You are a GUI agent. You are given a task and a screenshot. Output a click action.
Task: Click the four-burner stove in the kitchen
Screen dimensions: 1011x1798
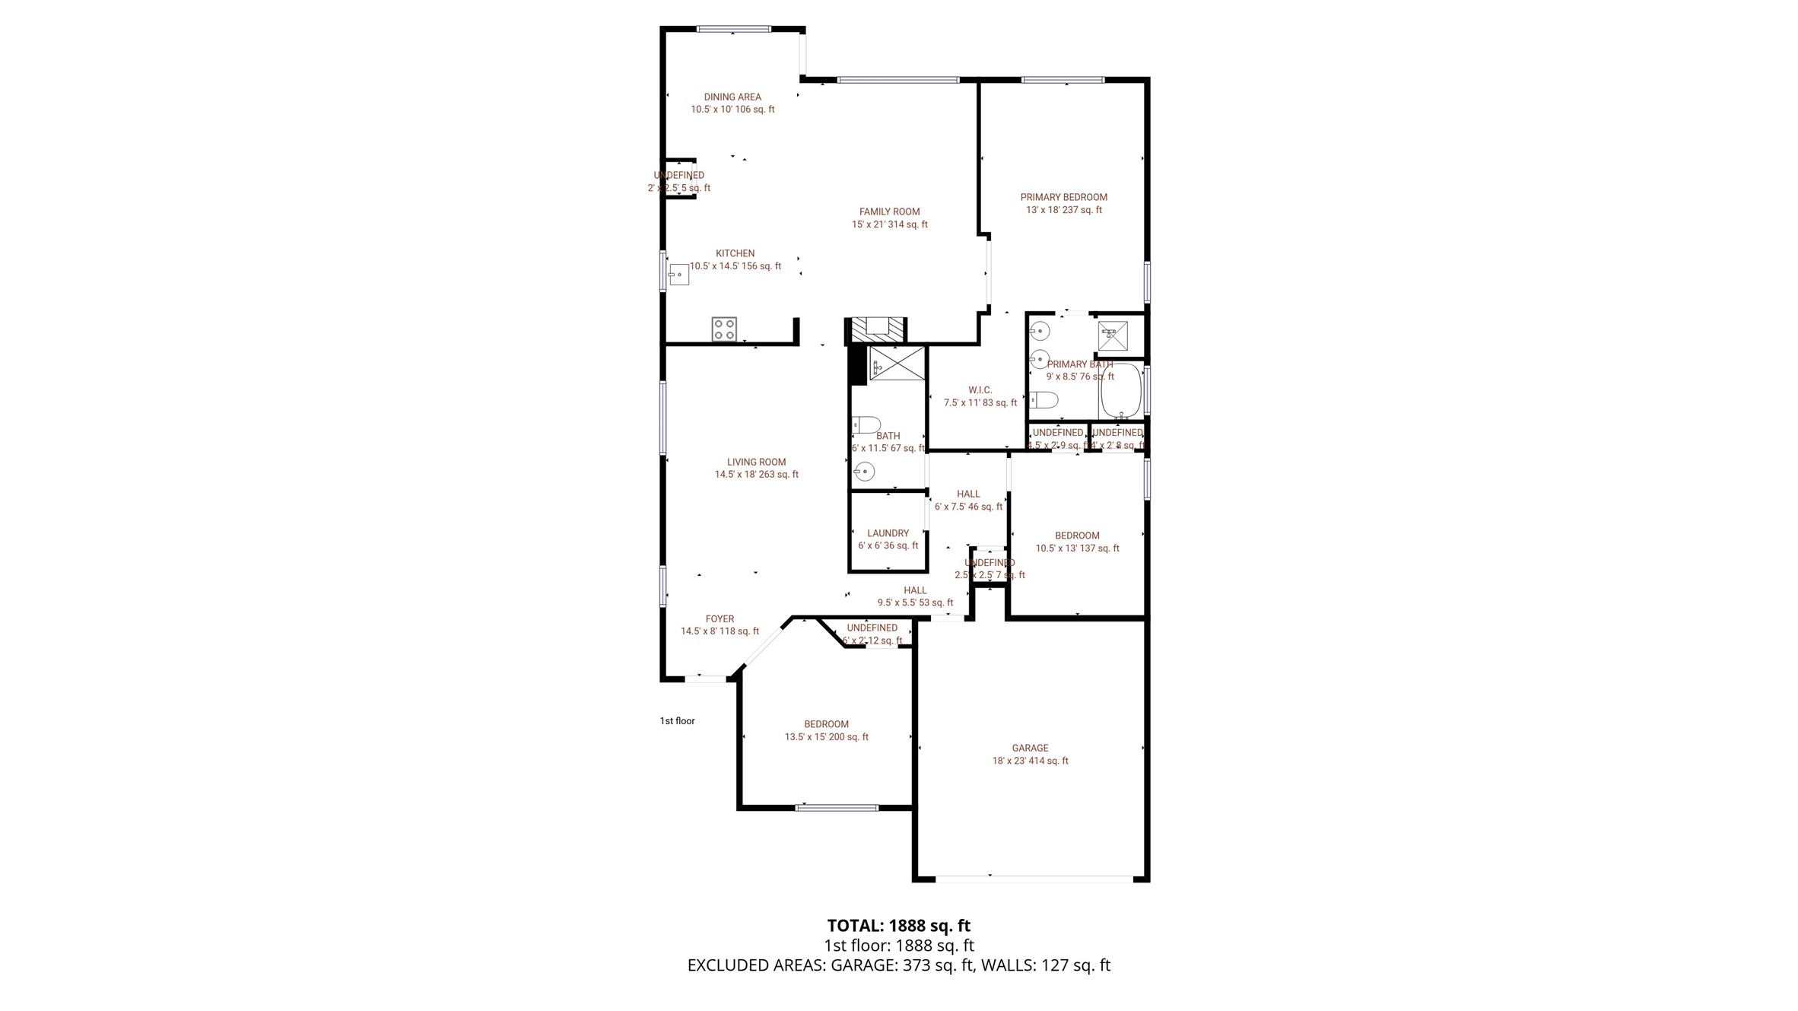click(x=724, y=329)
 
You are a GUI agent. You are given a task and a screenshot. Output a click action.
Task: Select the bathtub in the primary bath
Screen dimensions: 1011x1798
click(x=1121, y=391)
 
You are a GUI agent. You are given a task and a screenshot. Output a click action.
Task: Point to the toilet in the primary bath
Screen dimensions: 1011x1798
click(x=1044, y=399)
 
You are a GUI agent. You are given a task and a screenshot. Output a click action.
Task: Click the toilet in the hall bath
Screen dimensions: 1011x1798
click(x=866, y=424)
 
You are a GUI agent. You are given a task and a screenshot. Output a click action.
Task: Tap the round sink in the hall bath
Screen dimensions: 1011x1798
click(x=864, y=472)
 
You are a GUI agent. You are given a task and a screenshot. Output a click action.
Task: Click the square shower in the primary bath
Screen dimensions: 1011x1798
click(x=1113, y=335)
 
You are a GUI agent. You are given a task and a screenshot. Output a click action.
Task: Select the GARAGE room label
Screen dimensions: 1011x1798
click(x=1030, y=748)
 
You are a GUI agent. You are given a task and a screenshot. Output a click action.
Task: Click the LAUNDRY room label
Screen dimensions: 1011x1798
click(x=888, y=533)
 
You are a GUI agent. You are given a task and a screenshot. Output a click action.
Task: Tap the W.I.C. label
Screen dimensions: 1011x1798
click(x=980, y=389)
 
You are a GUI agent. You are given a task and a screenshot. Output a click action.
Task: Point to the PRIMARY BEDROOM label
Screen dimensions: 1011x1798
click(x=1063, y=197)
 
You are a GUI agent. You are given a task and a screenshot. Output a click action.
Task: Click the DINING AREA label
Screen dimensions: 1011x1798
click(x=732, y=97)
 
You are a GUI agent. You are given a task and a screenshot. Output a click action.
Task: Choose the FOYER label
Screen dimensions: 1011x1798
click(x=720, y=618)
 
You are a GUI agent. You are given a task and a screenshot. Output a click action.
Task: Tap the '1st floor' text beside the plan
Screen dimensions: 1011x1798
click(x=677, y=721)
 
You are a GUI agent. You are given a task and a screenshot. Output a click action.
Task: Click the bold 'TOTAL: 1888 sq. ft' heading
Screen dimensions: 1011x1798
click(x=898, y=926)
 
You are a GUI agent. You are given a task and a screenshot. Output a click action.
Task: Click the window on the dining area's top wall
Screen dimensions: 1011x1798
click(x=734, y=30)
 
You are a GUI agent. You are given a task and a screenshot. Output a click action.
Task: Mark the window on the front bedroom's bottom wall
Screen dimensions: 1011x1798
click(x=836, y=807)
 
